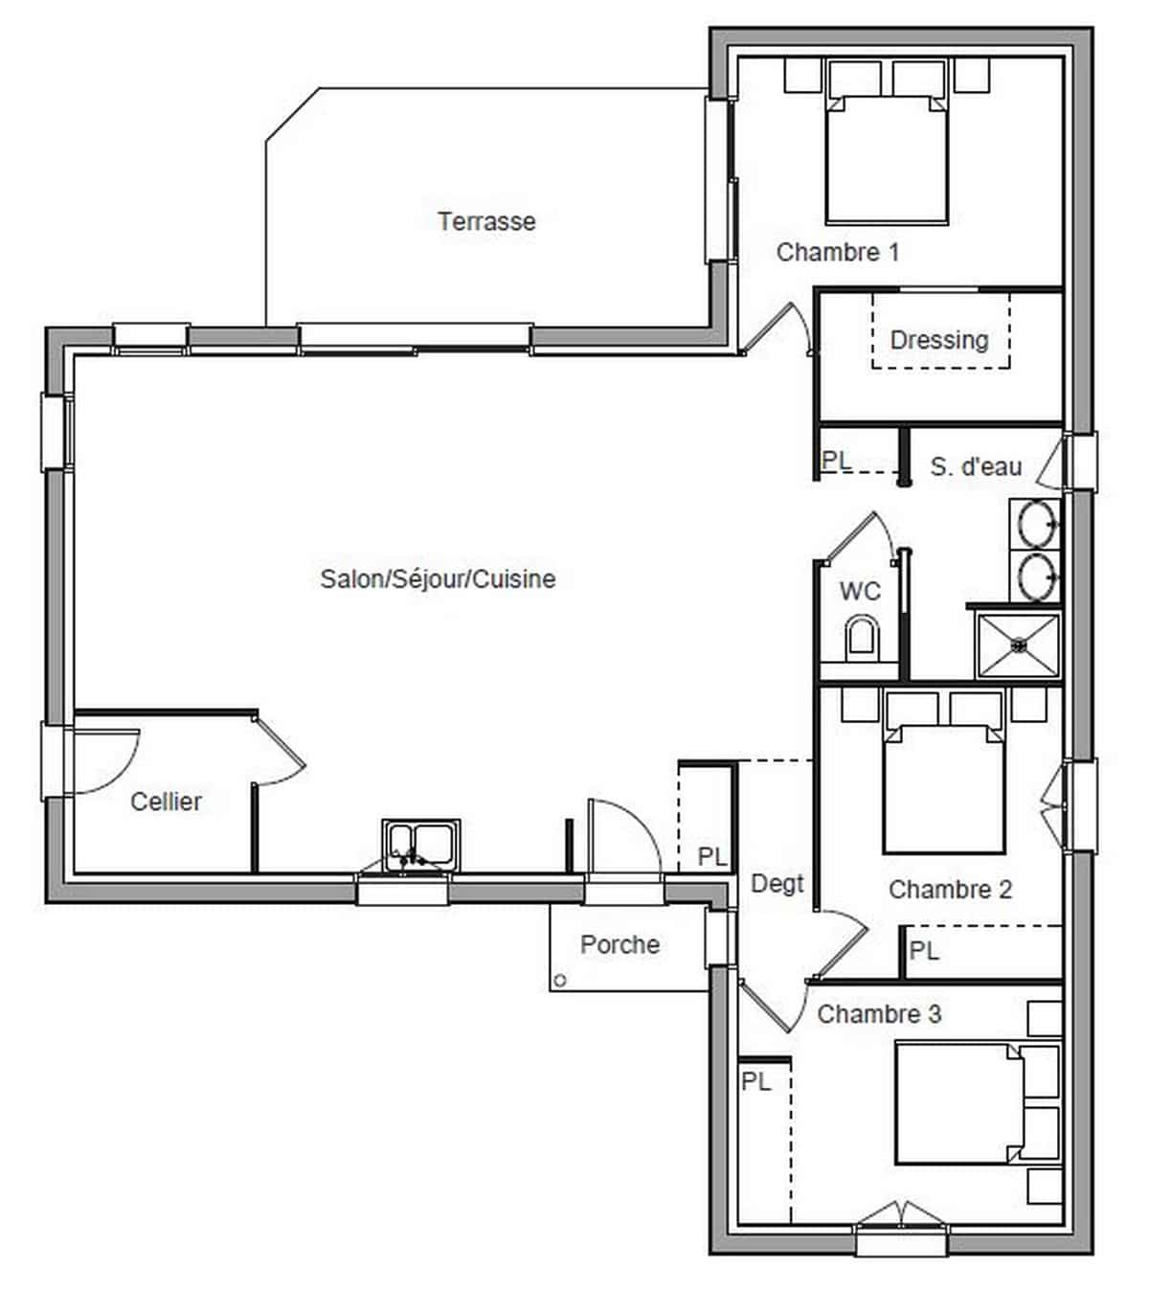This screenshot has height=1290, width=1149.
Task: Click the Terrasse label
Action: (x=487, y=221)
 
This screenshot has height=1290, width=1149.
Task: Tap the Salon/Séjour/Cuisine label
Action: (x=438, y=578)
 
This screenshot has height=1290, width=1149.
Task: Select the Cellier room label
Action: (x=167, y=802)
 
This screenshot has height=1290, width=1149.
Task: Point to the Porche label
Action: (x=620, y=944)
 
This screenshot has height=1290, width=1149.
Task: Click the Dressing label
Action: (x=939, y=340)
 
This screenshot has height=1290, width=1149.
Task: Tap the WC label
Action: (x=860, y=592)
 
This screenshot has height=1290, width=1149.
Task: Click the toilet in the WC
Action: (x=862, y=638)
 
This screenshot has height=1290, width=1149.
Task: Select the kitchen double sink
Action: (x=420, y=846)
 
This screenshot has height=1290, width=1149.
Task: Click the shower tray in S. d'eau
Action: (x=1019, y=645)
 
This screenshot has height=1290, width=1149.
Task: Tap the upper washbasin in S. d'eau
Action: (x=1036, y=524)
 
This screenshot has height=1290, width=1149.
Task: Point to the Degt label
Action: (x=777, y=884)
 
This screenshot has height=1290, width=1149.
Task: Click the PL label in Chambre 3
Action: (x=756, y=1081)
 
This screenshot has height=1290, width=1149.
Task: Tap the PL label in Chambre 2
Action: (x=924, y=951)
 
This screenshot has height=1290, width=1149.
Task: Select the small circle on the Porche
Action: (x=560, y=981)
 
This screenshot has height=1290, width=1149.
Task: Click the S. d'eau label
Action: (x=977, y=466)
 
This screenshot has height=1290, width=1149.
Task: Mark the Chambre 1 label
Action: (x=838, y=252)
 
